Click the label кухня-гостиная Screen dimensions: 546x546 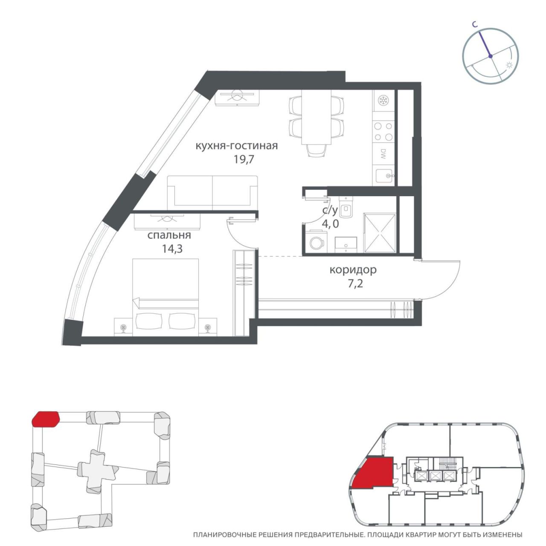click(x=237, y=146)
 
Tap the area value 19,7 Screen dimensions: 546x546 click(x=244, y=160)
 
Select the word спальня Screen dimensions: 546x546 click(x=169, y=235)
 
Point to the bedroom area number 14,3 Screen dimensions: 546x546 click(x=172, y=249)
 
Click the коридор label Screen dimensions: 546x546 click(x=353, y=270)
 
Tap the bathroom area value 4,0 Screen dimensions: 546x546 click(x=330, y=224)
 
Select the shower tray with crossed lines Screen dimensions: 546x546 click(x=380, y=233)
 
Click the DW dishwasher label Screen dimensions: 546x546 click(x=383, y=154)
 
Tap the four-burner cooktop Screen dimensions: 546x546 click(x=383, y=131)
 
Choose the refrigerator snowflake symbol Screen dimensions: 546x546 click(x=384, y=100)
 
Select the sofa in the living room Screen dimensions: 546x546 click(x=212, y=193)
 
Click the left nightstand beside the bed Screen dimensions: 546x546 click(x=123, y=327)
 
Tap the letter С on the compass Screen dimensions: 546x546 click(x=475, y=25)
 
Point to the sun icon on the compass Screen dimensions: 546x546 click(x=509, y=65)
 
